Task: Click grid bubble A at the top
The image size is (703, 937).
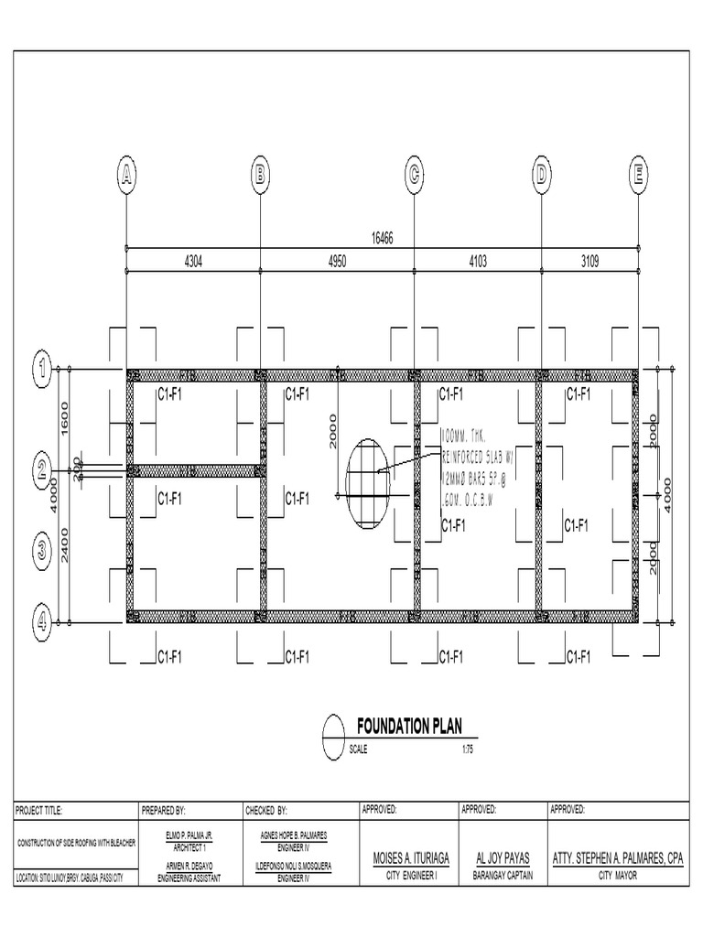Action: (126, 175)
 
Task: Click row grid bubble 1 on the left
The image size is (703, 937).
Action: (42, 369)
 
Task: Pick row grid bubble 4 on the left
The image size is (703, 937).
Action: (42, 622)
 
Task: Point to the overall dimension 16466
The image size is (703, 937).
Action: (382, 239)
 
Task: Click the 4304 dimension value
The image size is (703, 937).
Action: (193, 262)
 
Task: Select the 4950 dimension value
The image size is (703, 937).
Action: (337, 262)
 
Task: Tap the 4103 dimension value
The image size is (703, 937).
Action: (478, 262)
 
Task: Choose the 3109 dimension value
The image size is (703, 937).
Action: (589, 262)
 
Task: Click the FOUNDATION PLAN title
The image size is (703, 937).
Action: (409, 727)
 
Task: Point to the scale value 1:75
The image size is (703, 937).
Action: (468, 749)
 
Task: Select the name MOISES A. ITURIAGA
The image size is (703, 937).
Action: (409, 859)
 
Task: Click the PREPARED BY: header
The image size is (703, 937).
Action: (164, 810)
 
